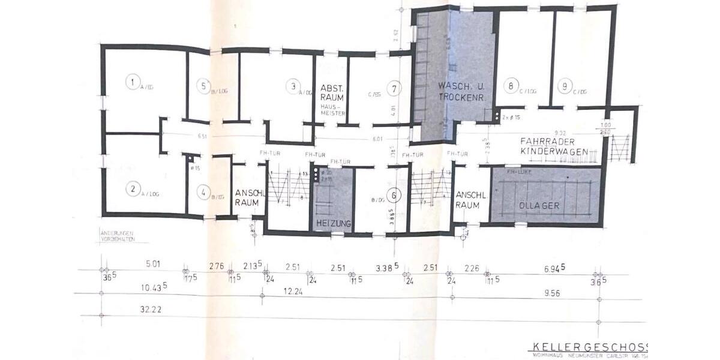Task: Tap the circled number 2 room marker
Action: point(132,189)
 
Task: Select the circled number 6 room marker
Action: point(394,194)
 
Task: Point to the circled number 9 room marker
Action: point(563,86)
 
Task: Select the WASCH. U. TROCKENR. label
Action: point(461,91)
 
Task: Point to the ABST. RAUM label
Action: point(331,92)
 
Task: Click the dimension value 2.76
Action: point(217,266)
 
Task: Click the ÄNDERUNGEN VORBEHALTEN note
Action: point(118,235)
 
